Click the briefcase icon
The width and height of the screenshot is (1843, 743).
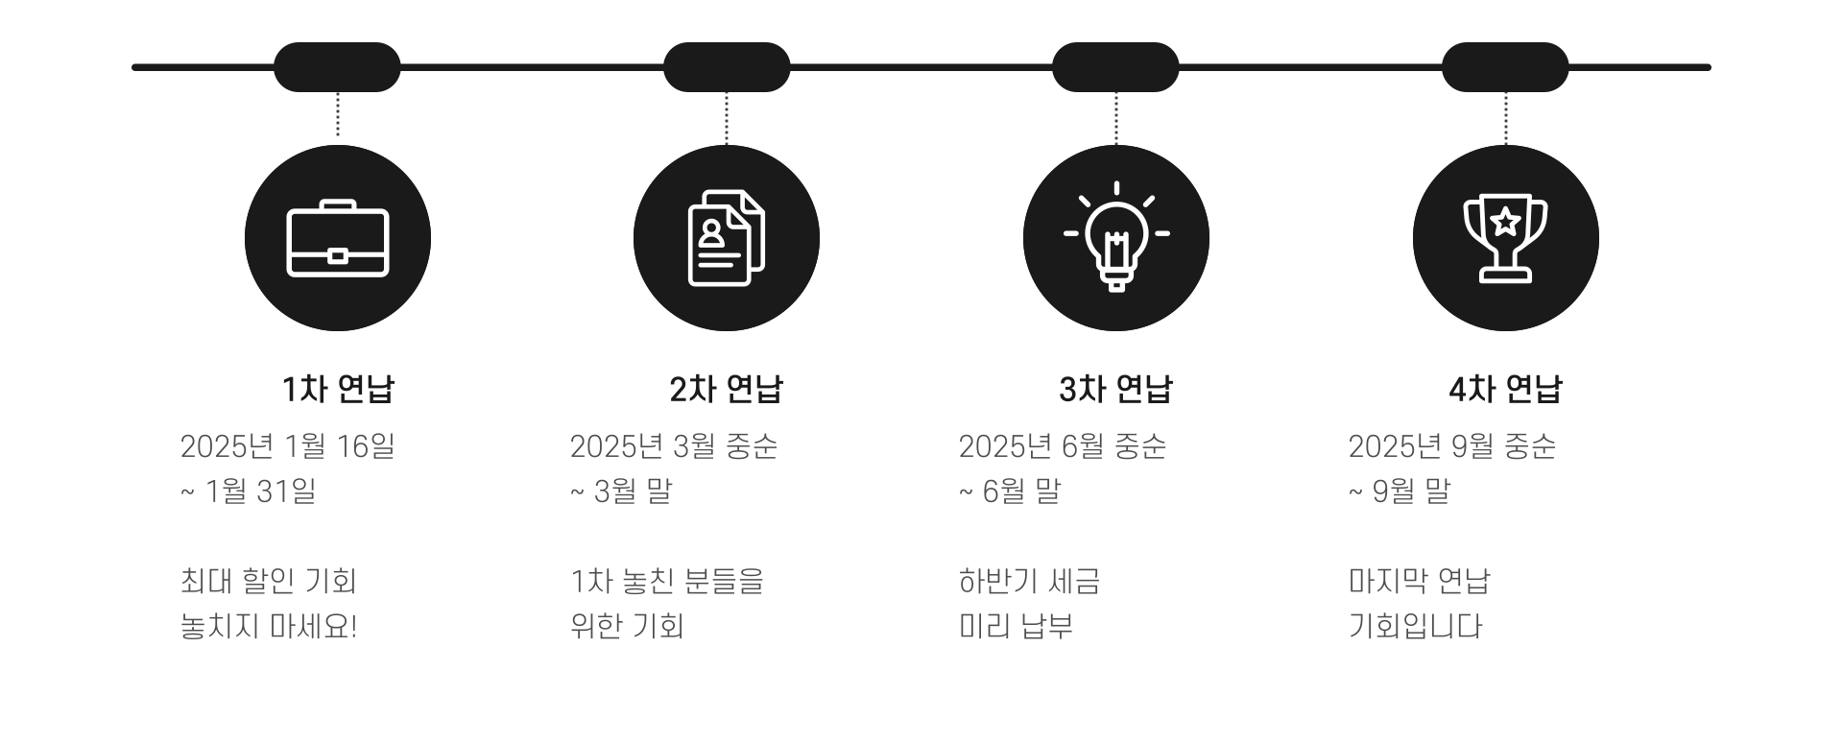(x=338, y=238)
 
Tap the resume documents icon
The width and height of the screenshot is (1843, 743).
(x=727, y=238)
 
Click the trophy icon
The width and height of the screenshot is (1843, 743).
(x=1505, y=238)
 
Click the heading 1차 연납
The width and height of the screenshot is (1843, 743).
(x=338, y=389)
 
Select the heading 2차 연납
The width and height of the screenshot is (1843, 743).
(x=727, y=389)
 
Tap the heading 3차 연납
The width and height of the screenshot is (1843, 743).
(x=1116, y=389)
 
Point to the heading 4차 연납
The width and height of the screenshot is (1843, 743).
(x=1505, y=389)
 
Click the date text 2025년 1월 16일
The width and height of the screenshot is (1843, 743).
(x=288, y=446)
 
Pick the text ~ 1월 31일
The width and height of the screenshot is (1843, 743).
(x=249, y=491)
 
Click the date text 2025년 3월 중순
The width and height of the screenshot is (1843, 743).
(x=674, y=446)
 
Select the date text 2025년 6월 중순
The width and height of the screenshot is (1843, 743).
(x=1063, y=446)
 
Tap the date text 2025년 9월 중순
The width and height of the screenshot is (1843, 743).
(x=1452, y=446)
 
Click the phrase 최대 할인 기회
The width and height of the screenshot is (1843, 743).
(x=269, y=581)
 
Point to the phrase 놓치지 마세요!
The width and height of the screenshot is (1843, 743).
(x=269, y=626)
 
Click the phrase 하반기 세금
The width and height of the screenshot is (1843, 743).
(x=1029, y=581)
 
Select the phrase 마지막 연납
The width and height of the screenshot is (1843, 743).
(x=1420, y=581)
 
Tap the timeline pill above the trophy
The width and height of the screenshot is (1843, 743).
(x=1505, y=67)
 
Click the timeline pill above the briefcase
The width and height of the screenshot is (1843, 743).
(x=338, y=67)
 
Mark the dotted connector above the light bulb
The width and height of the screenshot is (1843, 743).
(x=1116, y=118)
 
